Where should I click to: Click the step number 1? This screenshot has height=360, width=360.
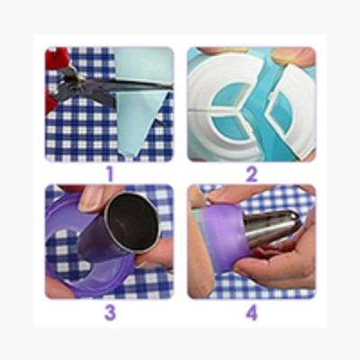(110, 174)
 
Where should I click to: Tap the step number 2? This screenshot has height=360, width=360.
(252, 174)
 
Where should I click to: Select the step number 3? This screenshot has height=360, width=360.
(110, 312)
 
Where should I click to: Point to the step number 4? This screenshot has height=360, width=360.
(252, 312)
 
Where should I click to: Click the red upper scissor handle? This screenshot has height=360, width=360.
(58, 58)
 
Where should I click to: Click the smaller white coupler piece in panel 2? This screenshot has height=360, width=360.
(290, 110)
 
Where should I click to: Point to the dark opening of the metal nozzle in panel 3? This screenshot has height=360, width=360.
(133, 221)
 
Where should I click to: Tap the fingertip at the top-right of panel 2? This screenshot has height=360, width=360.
(295, 57)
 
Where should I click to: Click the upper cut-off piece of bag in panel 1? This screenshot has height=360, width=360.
(143, 64)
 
